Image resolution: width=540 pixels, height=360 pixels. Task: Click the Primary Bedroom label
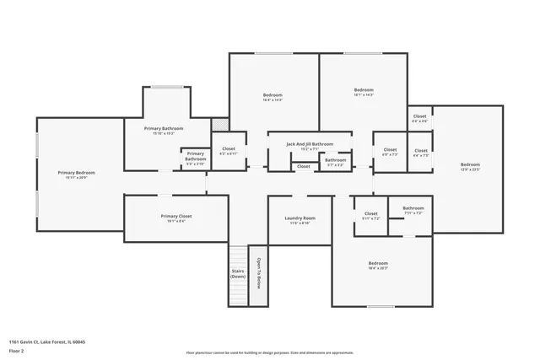point(77,173)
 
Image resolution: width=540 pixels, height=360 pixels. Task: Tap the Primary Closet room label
point(176,217)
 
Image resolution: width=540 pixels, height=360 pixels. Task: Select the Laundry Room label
point(300,218)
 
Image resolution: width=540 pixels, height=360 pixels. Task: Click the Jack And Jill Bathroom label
point(309,144)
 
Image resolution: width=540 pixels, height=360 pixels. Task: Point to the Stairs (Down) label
point(238,274)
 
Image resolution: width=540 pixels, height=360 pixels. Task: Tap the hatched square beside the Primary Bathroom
point(219,124)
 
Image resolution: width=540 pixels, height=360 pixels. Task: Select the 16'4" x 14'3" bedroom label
point(273,95)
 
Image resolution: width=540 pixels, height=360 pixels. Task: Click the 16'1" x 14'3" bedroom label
point(364,91)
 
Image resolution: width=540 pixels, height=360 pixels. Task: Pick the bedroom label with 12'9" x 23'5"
point(470,165)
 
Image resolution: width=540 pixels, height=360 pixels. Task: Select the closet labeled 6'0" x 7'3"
point(390,152)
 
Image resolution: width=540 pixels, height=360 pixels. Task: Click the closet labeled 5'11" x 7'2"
point(371,215)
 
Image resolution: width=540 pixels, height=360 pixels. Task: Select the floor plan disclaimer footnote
point(269,353)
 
